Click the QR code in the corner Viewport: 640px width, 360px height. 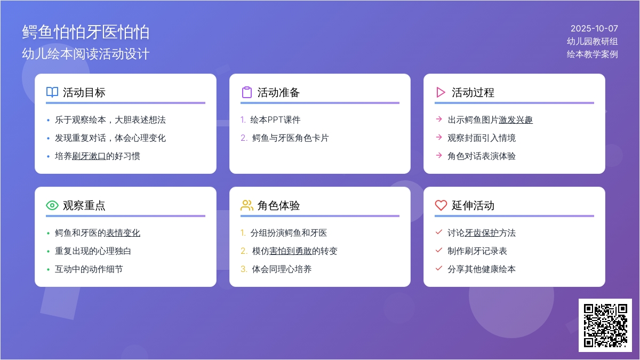tap(605, 325)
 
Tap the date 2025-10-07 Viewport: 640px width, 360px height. tap(594, 29)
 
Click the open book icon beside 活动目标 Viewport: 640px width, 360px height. tap(52, 92)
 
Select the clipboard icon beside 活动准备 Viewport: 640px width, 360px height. tap(247, 92)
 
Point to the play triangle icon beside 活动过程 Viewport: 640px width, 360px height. tap(441, 92)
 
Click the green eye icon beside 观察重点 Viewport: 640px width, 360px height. tap(52, 205)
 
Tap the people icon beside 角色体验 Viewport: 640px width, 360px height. tap(247, 205)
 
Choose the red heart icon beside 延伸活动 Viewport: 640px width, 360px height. tap(441, 205)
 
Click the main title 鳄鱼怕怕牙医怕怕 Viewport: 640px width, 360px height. tap(86, 31)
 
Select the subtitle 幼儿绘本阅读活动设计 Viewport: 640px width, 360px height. tap(86, 54)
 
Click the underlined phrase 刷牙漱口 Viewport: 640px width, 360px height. tap(89, 156)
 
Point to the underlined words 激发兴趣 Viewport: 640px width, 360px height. tap(516, 119)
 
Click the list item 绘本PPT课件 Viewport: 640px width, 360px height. tap(275, 119)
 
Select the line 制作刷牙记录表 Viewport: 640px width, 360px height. tap(477, 251)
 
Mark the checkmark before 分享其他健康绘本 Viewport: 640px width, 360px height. tap(439, 269)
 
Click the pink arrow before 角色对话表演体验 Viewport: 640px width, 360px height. tap(439, 155)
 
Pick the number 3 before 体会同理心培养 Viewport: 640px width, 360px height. tap(243, 269)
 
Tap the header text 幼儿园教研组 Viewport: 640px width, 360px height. tap(593, 42)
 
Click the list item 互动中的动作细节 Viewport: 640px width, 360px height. tap(89, 269)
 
